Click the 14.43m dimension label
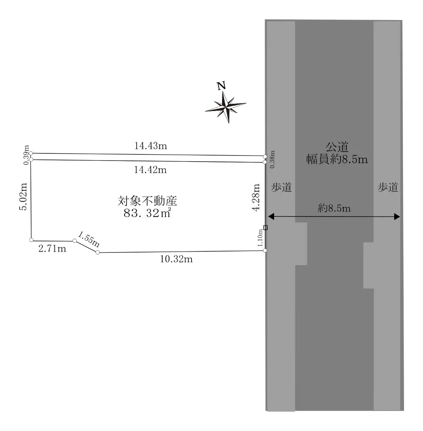pyautogui.click(x=151, y=146)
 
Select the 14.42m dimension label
pyautogui.click(x=150, y=170)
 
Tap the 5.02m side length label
pyautogui.click(x=23, y=196)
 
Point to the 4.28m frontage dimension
pyautogui.click(x=256, y=197)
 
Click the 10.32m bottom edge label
pyautogui.click(x=176, y=259)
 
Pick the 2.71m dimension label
pyautogui.click(x=52, y=249)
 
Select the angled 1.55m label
pyautogui.click(x=89, y=239)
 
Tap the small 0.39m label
pyautogui.click(x=26, y=155)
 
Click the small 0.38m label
pyautogui.click(x=272, y=159)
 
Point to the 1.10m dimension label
pyautogui.click(x=260, y=238)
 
